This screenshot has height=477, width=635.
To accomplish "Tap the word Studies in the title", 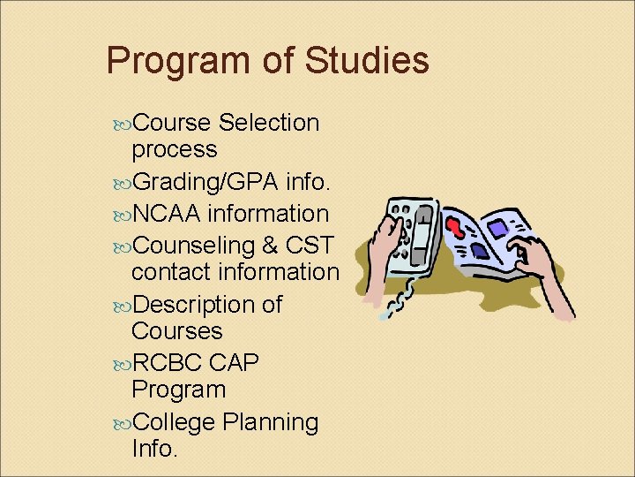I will point(366,61).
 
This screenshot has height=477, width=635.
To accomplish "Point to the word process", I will point(174,149).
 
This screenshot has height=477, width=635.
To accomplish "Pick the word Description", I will point(194,305).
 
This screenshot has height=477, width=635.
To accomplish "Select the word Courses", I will point(176,331).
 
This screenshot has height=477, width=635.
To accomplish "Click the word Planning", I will point(271,422).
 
